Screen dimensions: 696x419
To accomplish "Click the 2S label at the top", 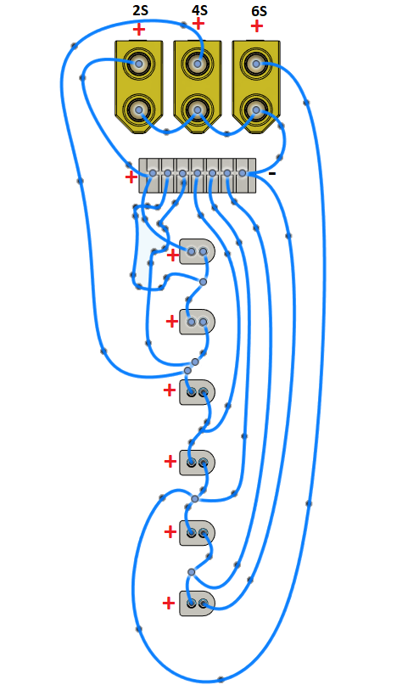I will (139, 10).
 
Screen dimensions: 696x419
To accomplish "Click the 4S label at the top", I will (198, 10).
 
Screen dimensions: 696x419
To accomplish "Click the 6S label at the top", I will (258, 10).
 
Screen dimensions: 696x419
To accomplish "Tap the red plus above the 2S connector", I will (139, 29).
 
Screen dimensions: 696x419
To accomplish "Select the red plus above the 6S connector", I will (257, 26).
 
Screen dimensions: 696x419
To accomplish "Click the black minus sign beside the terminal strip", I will (271, 174).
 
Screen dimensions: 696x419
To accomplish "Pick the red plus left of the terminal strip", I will (131, 177).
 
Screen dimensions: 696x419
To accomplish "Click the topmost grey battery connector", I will (198, 252).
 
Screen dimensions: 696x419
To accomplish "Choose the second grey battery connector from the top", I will (197, 323).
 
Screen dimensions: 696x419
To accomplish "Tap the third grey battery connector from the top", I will (197, 391).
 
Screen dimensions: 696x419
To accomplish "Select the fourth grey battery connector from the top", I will (197, 463).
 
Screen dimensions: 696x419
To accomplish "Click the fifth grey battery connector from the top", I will (197, 533).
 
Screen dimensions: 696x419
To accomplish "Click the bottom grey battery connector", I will (197, 603).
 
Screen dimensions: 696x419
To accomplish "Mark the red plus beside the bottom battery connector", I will (169, 603).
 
